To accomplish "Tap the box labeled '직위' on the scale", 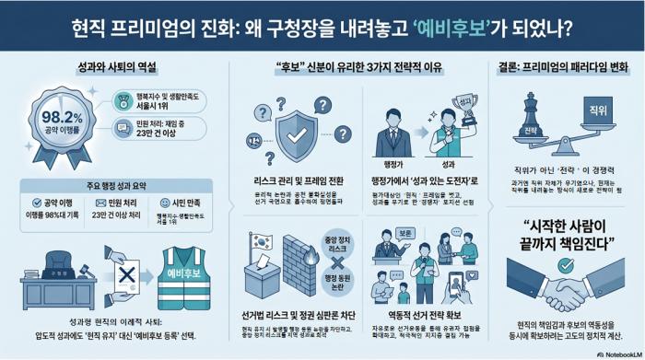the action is (x=599, y=114).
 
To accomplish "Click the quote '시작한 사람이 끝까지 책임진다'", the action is (x=569, y=236).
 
